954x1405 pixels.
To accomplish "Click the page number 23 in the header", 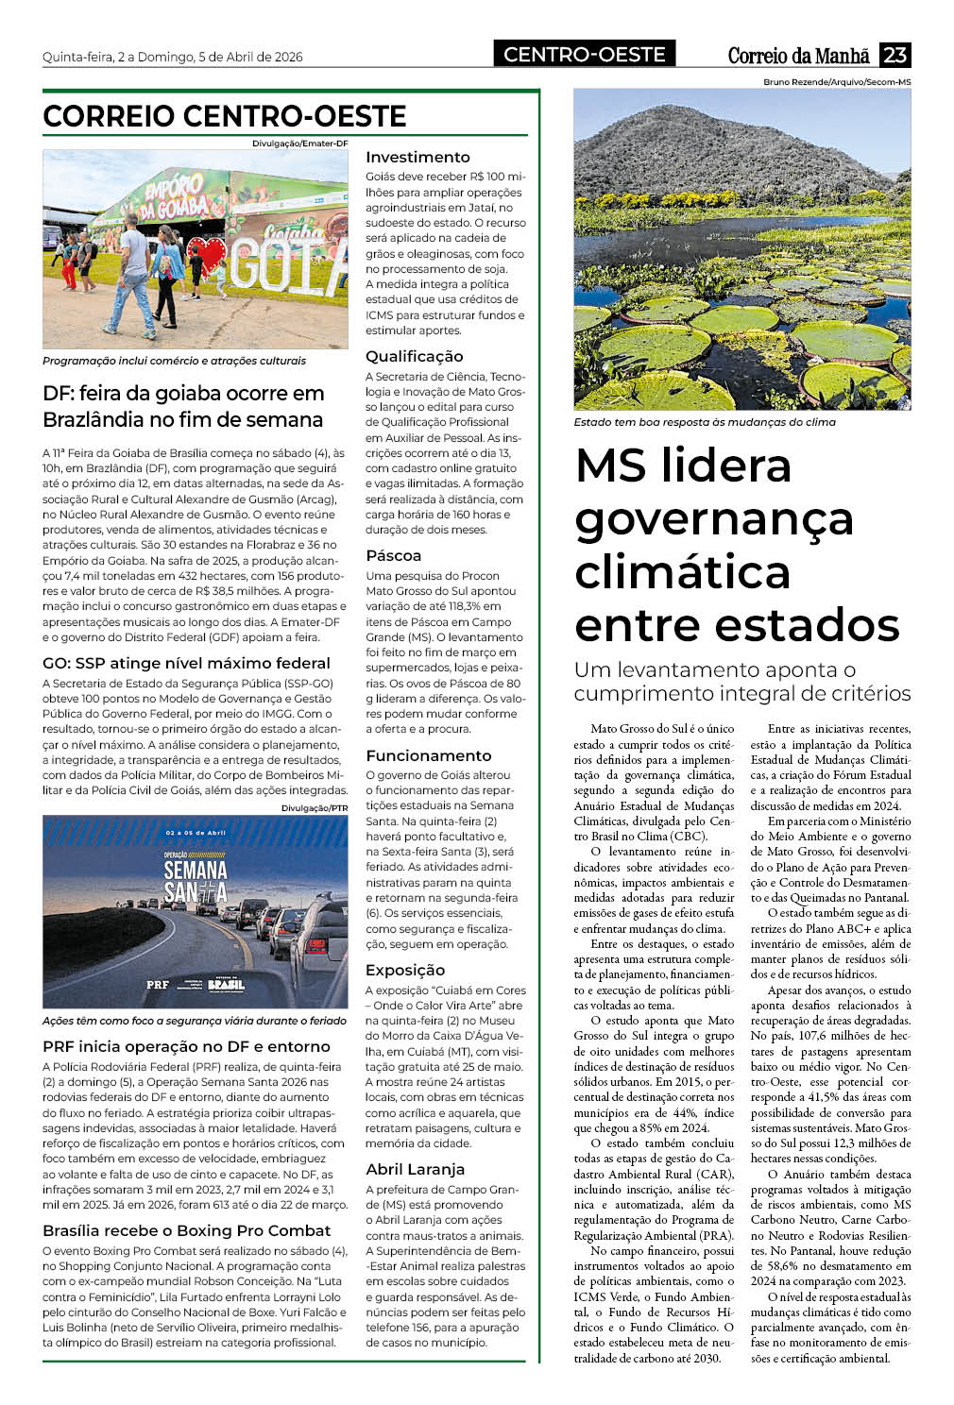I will (894, 55).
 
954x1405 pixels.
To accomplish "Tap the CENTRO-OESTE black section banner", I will (584, 55).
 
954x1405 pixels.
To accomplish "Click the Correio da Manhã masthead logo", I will (798, 56).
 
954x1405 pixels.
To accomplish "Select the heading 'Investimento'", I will (417, 157).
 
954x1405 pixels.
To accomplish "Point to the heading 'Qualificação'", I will (415, 356).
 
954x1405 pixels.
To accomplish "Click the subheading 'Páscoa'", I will (394, 555).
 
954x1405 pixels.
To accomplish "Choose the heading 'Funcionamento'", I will (429, 755).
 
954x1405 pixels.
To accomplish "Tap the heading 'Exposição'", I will (405, 970).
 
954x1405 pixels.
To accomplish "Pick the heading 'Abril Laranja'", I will (416, 1169).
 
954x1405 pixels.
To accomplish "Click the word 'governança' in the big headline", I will (714, 519).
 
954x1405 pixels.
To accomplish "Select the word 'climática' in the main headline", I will (682, 572).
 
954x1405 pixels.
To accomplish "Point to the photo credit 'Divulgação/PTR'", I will (315, 808).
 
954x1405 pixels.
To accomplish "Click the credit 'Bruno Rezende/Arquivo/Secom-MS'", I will (837, 82).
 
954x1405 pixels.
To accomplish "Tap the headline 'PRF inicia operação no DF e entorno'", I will (186, 1046).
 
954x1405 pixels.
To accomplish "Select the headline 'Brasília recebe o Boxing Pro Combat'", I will (187, 1230).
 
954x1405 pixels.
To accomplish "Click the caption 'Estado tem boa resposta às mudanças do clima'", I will (705, 422).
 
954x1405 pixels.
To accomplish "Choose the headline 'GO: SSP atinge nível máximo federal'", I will (186, 663).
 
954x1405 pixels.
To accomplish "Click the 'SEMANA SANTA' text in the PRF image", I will (196, 880).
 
